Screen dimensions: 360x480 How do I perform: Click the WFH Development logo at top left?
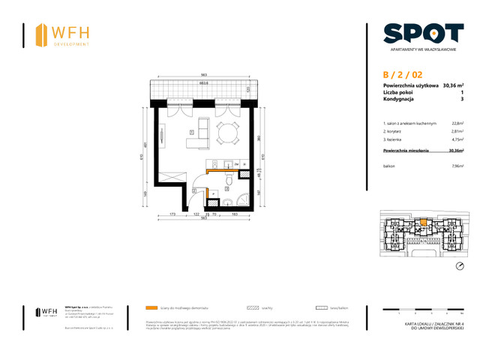point(63,34)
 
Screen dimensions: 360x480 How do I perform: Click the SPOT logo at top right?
point(423,34)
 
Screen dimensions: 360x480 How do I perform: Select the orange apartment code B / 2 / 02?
point(403,74)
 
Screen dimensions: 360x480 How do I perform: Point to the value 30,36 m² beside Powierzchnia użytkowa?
point(453,86)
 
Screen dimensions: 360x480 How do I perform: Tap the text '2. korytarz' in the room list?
point(395,130)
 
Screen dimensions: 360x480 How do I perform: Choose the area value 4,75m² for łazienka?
point(457,139)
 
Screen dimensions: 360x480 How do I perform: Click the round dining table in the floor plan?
point(227,133)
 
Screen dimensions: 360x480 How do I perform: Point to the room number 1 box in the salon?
point(192,133)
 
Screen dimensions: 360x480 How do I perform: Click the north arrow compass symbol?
point(460,267)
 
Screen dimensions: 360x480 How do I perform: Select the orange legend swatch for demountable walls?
point(152,307)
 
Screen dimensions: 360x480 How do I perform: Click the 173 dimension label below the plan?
point(171,215)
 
